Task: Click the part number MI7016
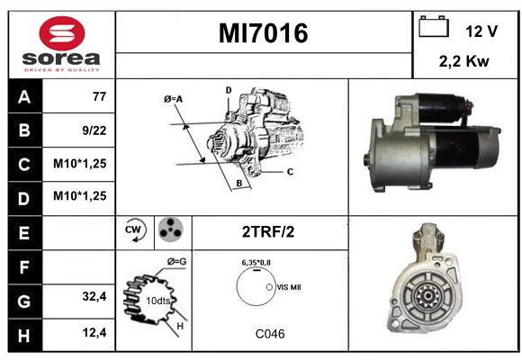264,33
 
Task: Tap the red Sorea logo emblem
62,33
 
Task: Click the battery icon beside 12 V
434,26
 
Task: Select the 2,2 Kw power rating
464,61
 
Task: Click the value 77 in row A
100,96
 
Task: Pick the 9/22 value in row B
94,130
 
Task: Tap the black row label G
25,301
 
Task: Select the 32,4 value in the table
94,296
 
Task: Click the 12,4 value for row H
94,332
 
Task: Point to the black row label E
25,233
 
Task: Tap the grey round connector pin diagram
171,229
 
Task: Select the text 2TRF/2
268,232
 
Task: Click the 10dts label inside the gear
158,301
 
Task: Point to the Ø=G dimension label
176,262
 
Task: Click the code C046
270,334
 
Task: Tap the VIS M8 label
289,287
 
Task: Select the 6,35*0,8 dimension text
256,263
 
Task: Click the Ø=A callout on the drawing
173,99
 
